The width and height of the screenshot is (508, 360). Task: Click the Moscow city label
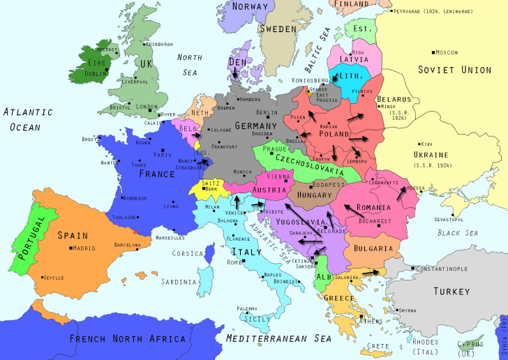pyautogui.click(x=447, y=52)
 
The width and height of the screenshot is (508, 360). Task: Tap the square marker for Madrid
pyautogui.click(x=72, y=248)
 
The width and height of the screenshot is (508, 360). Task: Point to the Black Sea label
pyautogui.click(x=458, y=233)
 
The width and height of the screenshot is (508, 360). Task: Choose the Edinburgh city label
pyautogui.click(x=159, y=44)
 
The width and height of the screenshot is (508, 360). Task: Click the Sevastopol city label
pyautogui.click(x=449, y=219)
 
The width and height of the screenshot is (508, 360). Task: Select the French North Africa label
pyautogui.click(x=128, y=339)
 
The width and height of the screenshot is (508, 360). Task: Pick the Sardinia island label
pyautogui.click(x=179, y=282)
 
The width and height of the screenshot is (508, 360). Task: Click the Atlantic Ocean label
pyautogui.click(x=27, y=119)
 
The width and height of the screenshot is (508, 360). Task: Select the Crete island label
pyautogui.click(x=379, y=346)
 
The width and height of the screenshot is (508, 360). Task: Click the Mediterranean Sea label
pyautogui.click(x=278, y=338)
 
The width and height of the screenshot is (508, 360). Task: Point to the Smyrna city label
pyautogui.click(x=408, y=310)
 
